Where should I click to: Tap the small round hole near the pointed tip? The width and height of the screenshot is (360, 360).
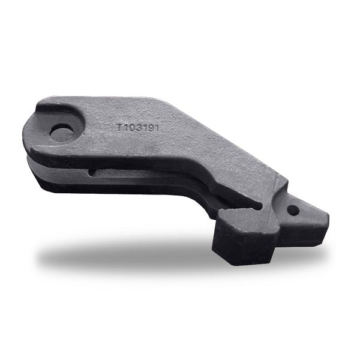coord(293,210)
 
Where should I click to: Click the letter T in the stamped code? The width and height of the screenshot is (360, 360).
coord(119,127)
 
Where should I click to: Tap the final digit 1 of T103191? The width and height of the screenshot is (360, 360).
coord(156,128)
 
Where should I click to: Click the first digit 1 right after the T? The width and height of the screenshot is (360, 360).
coord(125,127)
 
